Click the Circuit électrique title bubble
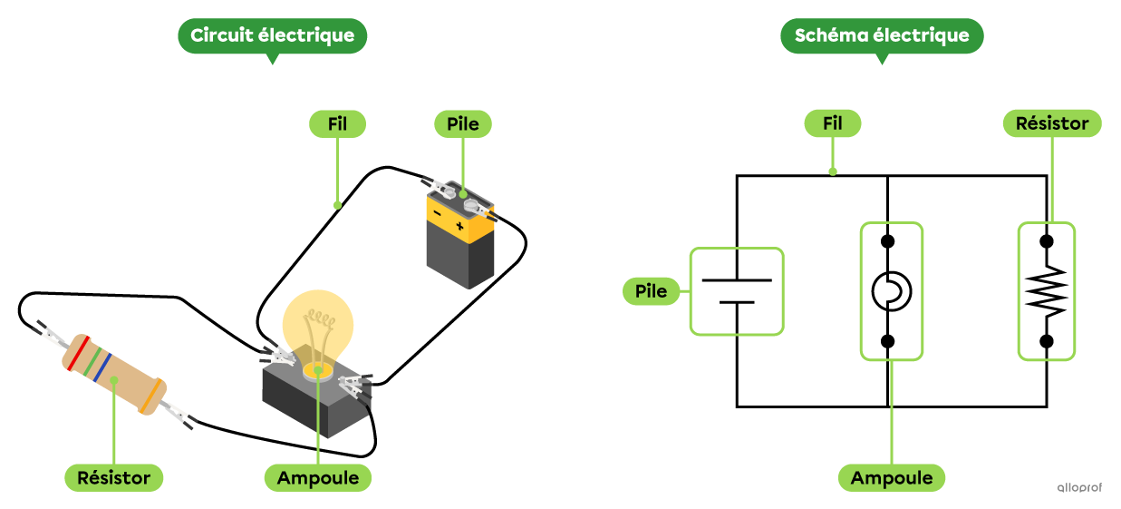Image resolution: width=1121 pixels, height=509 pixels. (273, 36)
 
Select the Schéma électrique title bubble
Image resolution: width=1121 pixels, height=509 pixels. (882, 36)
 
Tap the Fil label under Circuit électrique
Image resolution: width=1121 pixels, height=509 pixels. (337, 124)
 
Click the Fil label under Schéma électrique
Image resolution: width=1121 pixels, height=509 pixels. (832, 124)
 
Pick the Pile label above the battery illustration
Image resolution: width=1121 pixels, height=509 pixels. (463, 124)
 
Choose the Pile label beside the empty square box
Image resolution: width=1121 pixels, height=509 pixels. (651, 291)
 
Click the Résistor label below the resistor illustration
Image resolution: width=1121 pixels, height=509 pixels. (113, 477)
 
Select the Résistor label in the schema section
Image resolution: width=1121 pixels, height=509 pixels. (1051, 124)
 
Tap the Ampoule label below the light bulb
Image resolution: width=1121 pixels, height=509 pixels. (318, 477)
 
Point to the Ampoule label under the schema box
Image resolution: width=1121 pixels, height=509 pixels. (892, 477)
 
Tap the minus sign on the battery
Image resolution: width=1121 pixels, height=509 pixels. (438, 214)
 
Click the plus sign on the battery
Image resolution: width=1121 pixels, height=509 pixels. (459, 225)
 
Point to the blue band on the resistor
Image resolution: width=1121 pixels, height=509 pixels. (104, 367)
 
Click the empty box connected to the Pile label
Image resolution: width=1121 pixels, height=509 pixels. (736, 291)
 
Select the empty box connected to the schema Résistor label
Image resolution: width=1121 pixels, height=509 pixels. (1046, 291)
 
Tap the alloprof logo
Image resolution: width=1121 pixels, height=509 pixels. (1078, 487)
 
